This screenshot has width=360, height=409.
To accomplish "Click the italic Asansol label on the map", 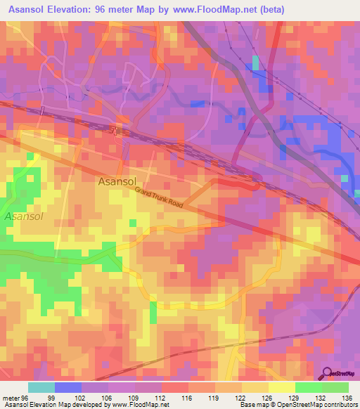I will pyautogui.click(x=24, y=216).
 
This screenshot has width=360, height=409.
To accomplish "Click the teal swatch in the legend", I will pyautogui.click(x=41, y=387).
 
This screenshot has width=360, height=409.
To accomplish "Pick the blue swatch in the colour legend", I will pyautogui.click(x=67, y=387).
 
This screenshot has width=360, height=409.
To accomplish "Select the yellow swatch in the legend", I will pyautogui.click(x=281, y=387).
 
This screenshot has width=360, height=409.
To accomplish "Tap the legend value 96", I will pyautogui.click(x=25, y=398).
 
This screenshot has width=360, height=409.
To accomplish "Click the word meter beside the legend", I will pyautogui.click(x=9, y=398).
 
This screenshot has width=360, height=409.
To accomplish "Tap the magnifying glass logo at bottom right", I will pyautogui.click(x=328, y=374).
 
